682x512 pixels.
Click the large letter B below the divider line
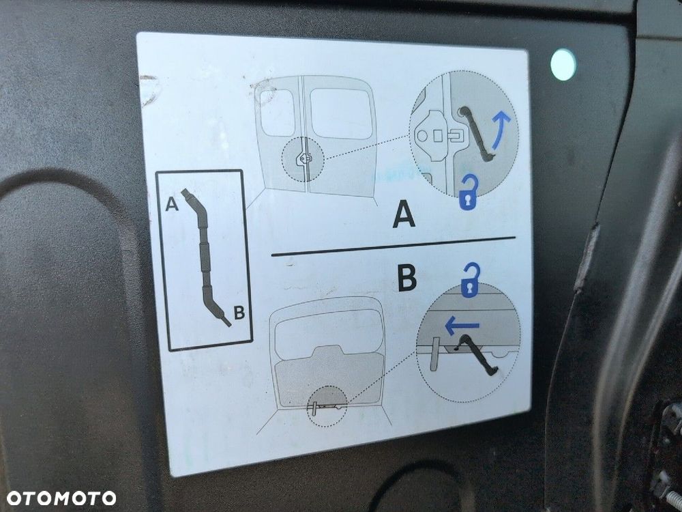click(x=407, y=278)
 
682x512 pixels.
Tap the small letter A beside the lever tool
click(x=173, y=204)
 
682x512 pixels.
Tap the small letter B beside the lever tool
click(x=239, y=313)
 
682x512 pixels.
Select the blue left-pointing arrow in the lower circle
click(x=462, y=326)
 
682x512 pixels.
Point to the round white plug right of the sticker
click(x=563, y=65)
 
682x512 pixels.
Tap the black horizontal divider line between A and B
click(x=393, y=246)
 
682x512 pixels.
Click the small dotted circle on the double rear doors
click(x=304, y=158)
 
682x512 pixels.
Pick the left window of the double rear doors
click(x=278, y=112)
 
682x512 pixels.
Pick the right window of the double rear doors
click(x=341, y=113)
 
